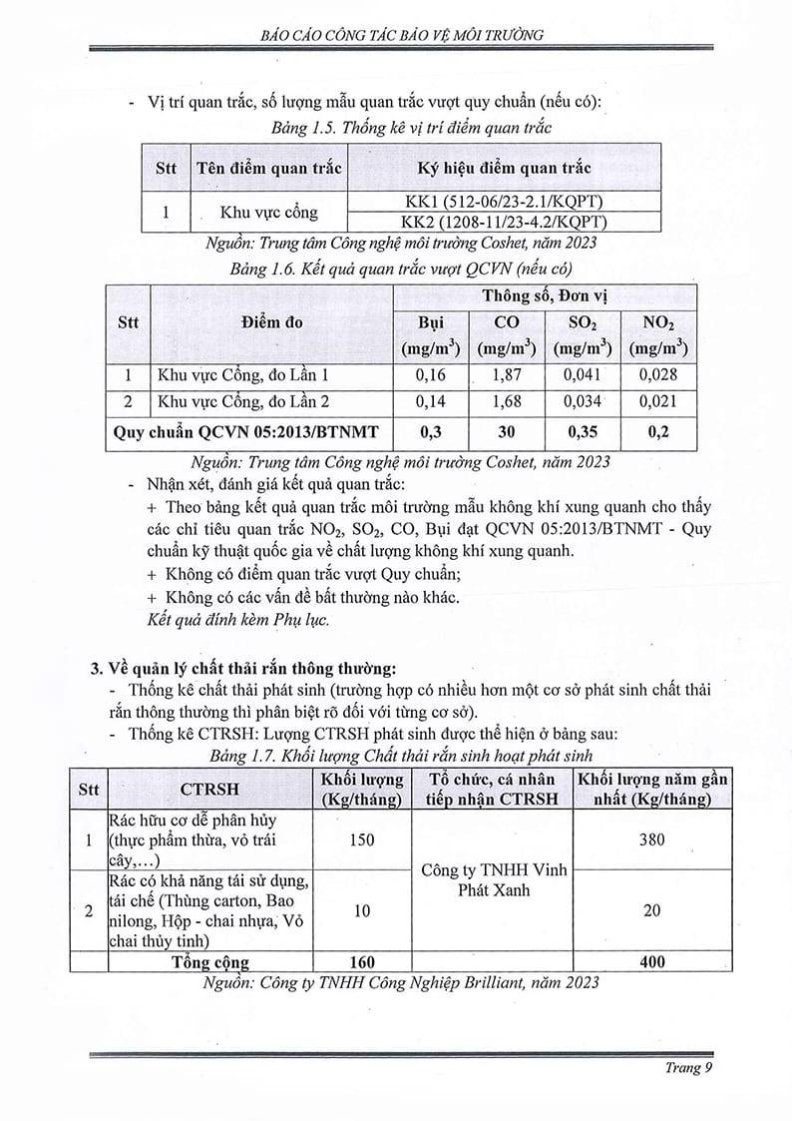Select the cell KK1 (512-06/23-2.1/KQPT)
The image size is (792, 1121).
click(503, 201)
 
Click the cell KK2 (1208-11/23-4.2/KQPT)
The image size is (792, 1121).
click(503, 222)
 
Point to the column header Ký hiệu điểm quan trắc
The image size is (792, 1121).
click(503, 168)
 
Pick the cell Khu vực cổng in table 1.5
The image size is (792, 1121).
click(268, 212)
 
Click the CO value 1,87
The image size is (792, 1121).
click(507, 375)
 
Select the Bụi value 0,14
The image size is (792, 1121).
click(431, 402)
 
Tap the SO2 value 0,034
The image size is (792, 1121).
click(583, 402)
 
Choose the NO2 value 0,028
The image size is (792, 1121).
click(658, 375)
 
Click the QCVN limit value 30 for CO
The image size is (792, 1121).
click(507, 432)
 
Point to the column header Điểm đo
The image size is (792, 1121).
click(270, 322)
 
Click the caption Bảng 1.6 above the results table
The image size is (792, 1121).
click(400, 269)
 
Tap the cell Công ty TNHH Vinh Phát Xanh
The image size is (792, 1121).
click(493, 879)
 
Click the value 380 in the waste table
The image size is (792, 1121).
click(650, 840)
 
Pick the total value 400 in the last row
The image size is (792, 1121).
click(650, 962)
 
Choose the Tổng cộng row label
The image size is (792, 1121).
click(209, 962)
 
